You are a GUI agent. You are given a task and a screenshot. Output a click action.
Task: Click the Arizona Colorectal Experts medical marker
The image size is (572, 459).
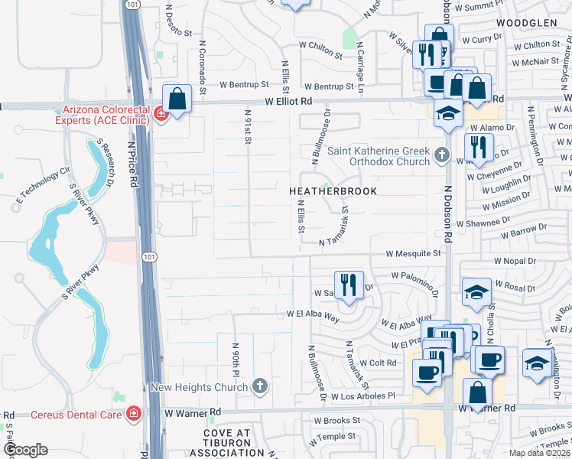[161, 115]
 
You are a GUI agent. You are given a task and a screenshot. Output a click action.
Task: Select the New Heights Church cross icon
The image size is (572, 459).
[260, 386]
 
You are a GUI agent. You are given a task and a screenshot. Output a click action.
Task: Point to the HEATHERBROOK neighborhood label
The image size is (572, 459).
[333, 191]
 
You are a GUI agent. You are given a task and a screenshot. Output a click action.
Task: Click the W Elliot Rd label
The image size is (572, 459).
[290, 101]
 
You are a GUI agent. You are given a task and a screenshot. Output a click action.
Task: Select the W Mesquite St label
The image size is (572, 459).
[414, 252]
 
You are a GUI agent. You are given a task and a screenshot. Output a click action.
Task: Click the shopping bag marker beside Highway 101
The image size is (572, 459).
[177, 99]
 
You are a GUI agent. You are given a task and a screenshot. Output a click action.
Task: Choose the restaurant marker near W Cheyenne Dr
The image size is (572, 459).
[479, 146]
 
